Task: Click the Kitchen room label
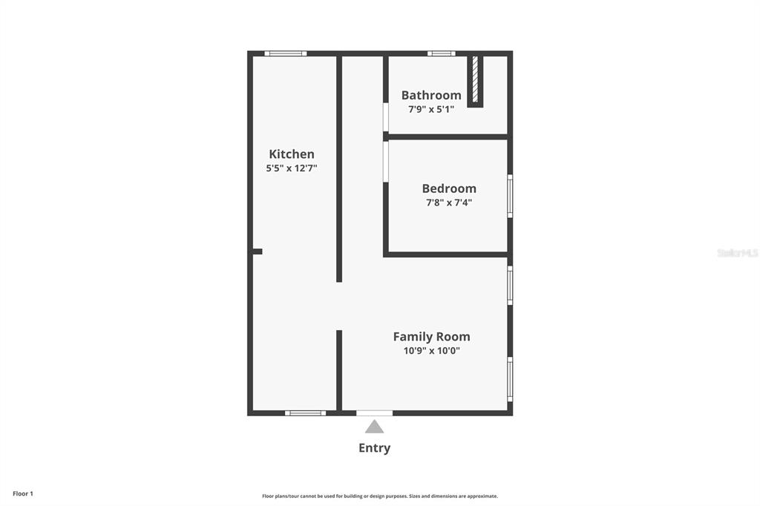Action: [291, 154]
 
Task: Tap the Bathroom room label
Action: [431, 95]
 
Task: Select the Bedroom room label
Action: [449, 188]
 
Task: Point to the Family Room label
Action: [431, 337]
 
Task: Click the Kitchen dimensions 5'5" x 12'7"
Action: [291, 168]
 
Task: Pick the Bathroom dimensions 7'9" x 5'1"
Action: [431, 108]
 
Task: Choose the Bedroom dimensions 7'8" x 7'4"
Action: [449, 202]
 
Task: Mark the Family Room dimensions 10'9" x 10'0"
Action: [431, 351]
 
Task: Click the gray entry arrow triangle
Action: [374, 427]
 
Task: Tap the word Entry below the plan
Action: [374, 448]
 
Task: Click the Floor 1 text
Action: [23, 493]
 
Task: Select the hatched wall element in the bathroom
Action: [475, 79]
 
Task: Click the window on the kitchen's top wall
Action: [286, 53]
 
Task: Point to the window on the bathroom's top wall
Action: [441, 53]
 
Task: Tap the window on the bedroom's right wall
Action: [510, 196]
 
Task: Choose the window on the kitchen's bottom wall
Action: [305, 413]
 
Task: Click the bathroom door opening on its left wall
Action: [386, 117]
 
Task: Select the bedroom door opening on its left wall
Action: [386, 161]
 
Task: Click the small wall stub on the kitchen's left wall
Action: [257, 252]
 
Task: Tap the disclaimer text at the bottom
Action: [379, 496]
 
